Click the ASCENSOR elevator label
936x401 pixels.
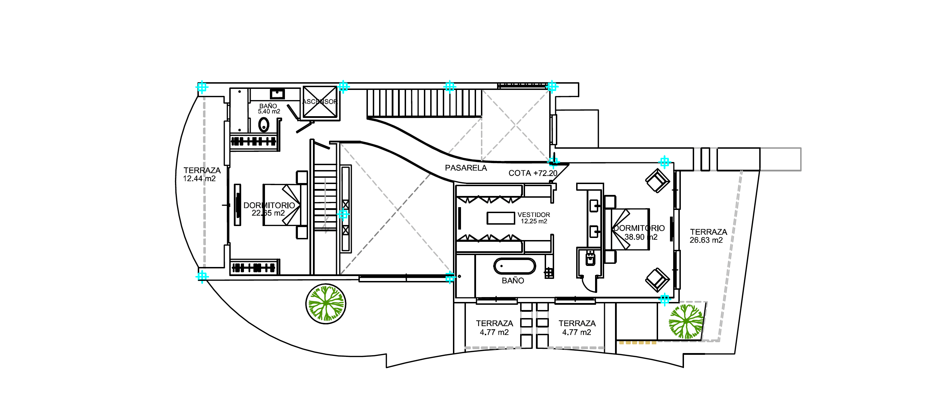point(320,102)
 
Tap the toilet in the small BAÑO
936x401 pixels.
point(264,125)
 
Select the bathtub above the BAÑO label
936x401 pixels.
point(514,266)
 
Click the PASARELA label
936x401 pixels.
point(466,168)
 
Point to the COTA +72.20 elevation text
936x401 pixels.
point(533,173)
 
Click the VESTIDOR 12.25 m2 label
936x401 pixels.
point(533,218)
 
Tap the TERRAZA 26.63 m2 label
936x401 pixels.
point(708,236)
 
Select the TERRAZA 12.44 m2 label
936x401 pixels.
point(201,174)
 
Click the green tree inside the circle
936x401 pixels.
point(326,304)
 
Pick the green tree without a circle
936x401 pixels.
point(686,322)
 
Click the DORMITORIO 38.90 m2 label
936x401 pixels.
point(640,232)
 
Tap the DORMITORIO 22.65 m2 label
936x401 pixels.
point(269,209)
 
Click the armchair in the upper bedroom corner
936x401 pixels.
point(657,181)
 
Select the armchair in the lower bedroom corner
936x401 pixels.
point(657,280)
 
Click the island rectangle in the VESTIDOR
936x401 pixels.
point(501,218)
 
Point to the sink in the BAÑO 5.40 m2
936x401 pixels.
point(278,94)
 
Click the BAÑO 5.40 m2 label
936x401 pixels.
point(269,108)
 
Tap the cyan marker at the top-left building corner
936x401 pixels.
point(202,87)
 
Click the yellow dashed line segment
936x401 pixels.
point(638,343)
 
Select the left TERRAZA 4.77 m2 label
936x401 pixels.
point(494,328)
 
